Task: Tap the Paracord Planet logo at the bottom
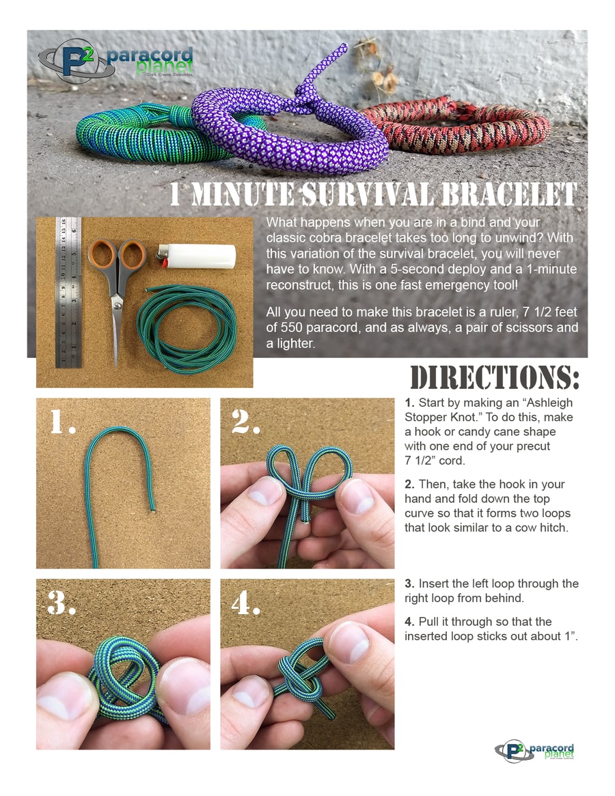tap(534, 751)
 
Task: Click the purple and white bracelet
tap(284, 127)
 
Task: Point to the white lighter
tap(197, 256)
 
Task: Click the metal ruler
tap(68, 292)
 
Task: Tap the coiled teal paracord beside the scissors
tap(187, 329)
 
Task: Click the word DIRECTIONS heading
tap(494, 379)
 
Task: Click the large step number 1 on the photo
tap(62, 422)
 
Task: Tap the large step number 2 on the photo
tap(246, 422)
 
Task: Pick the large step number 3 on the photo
tap(61, 603)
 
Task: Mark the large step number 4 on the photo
tap(246, 603)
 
